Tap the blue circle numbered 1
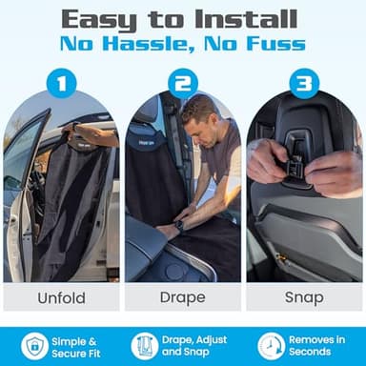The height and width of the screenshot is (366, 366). pyautogui.click(x=61, y=83)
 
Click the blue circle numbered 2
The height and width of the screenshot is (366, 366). pyautogui.click(x=183, y=83)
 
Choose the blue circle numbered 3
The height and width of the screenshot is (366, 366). pyautogui.click(x=304, y=83)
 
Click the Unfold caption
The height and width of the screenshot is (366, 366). pyautogui.click(x=61, y=297)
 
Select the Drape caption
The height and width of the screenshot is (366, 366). pyautogui.click(x=183, y=297)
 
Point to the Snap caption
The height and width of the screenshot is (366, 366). pyautogui.click(x=304, y=297)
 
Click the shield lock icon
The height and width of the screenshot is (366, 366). pyautogui.click(x=33, y=346)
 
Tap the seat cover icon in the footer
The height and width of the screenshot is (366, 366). pyautogui.click(x=145, y=346)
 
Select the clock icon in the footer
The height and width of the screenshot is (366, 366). pyautogui.click(x=271, y=346)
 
